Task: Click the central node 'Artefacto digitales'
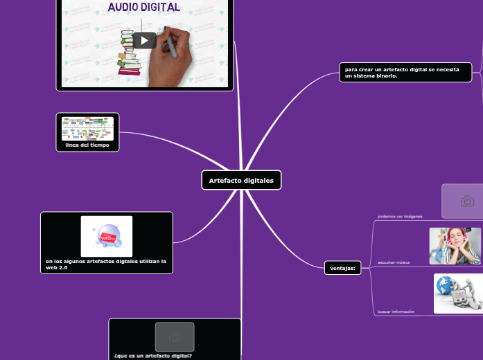[x=241, y=180]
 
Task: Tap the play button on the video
[x=144, y=40]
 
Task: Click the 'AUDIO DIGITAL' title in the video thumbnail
[x=144, y=8]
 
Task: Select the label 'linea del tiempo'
[x=87, y=145]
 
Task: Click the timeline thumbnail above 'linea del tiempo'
[x=87, y=128]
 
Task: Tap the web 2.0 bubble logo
[x=107, y=237]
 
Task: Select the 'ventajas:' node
[x=342, y=268]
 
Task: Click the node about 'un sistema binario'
[x=405, y=72]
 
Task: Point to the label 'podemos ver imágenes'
[x=400, y=217]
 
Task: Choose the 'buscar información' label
[x=396, y=312]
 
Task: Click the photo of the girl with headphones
[x=455, y=246]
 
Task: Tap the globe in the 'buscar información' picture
[x=445, y=286]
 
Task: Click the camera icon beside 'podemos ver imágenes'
[x=467, y=201]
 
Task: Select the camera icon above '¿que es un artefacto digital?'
[x=175, y=336]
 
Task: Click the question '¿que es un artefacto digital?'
[x=153, y=356]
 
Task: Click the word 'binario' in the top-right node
[x=387, y=75]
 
